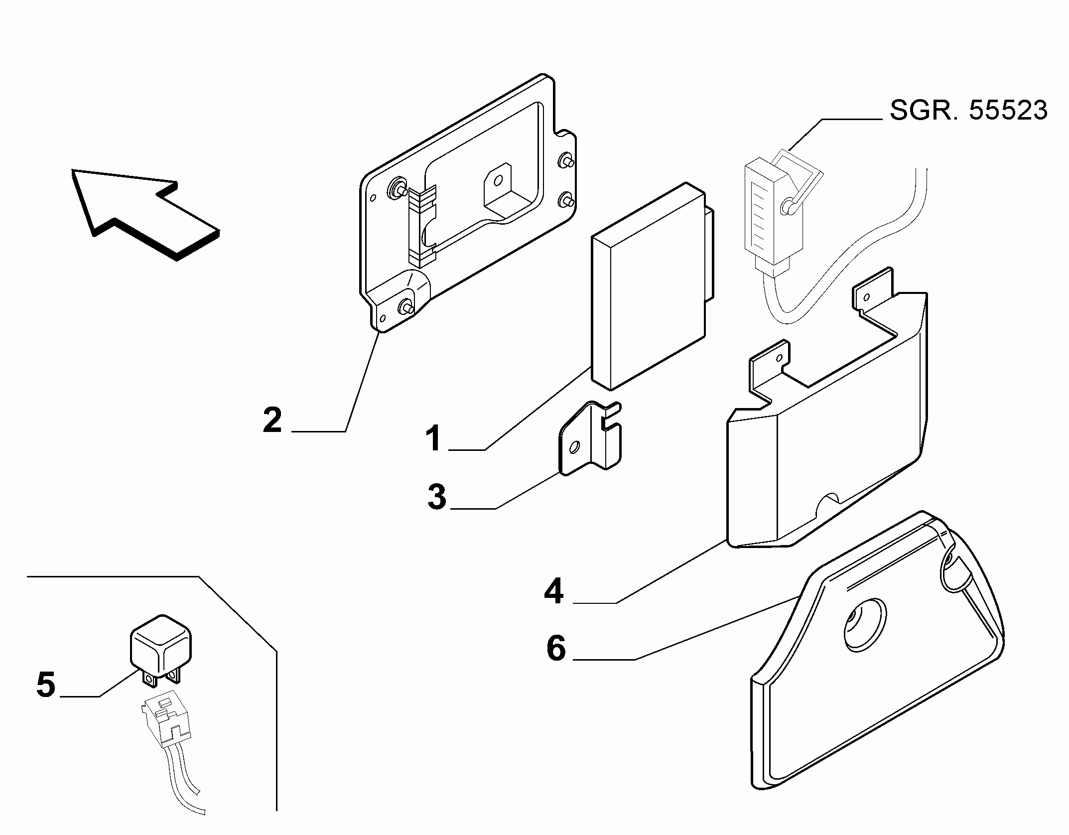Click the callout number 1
433,438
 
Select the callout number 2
272,420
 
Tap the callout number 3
437,497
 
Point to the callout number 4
554,591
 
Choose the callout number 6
556,648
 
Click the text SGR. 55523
968,110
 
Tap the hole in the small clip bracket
574,447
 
